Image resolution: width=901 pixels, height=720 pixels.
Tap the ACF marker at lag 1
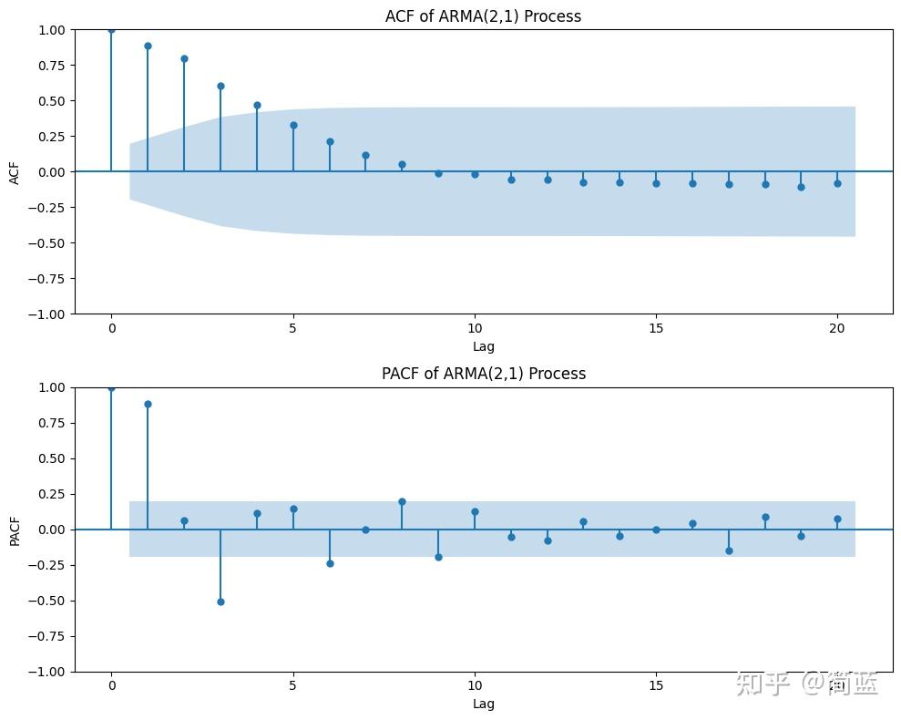(148, 46)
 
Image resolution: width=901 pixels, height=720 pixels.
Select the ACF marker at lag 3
(220, 86)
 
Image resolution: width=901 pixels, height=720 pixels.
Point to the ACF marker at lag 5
(293, 125)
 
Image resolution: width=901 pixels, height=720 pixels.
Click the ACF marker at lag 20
(837, 183)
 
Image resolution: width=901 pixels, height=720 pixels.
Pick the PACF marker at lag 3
(220, 602)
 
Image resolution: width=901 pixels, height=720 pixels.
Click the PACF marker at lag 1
(148, 404)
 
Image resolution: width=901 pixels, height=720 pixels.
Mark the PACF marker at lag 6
(330, 563)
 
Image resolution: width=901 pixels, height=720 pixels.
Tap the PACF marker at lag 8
(402, 501)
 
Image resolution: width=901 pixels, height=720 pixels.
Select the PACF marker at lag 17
(729, 550)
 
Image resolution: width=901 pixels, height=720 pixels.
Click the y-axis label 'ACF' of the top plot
(15, 171)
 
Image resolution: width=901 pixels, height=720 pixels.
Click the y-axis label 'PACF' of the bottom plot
(15, 530)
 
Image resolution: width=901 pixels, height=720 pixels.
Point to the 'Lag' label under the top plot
(484, 346)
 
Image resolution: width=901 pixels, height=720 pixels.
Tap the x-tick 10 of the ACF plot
(475, 327)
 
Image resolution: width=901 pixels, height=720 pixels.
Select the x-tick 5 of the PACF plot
(293, 684)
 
